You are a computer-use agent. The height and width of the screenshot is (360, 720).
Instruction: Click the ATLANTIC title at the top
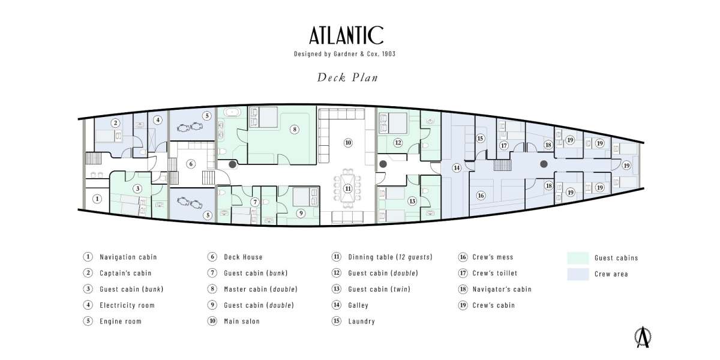coord(346,36)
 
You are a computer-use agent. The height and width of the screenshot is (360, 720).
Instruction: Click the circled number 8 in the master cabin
coord(294,128)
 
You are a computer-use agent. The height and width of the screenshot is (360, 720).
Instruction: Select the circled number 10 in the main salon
coord(347,142)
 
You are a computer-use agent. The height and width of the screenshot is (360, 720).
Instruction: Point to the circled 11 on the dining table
coord(347,188)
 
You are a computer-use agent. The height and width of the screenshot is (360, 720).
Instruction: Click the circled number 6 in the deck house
coord(191,163)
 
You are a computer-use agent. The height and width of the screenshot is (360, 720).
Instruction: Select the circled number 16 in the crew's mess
coord(480,195)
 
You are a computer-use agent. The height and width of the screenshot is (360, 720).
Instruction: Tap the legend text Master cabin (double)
coord(260,289)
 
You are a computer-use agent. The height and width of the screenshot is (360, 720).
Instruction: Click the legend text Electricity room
coord(127,305)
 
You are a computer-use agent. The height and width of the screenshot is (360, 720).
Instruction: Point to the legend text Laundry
coord(361,321)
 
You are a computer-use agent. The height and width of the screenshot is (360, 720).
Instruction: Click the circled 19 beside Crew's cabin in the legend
coord(462,305)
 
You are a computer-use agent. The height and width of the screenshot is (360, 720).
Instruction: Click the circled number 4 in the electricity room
coord(158,120)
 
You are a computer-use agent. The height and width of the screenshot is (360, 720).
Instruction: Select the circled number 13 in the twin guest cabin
coord(412,201)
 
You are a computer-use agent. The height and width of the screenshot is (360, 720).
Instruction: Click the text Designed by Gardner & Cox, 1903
coord(344,53)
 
